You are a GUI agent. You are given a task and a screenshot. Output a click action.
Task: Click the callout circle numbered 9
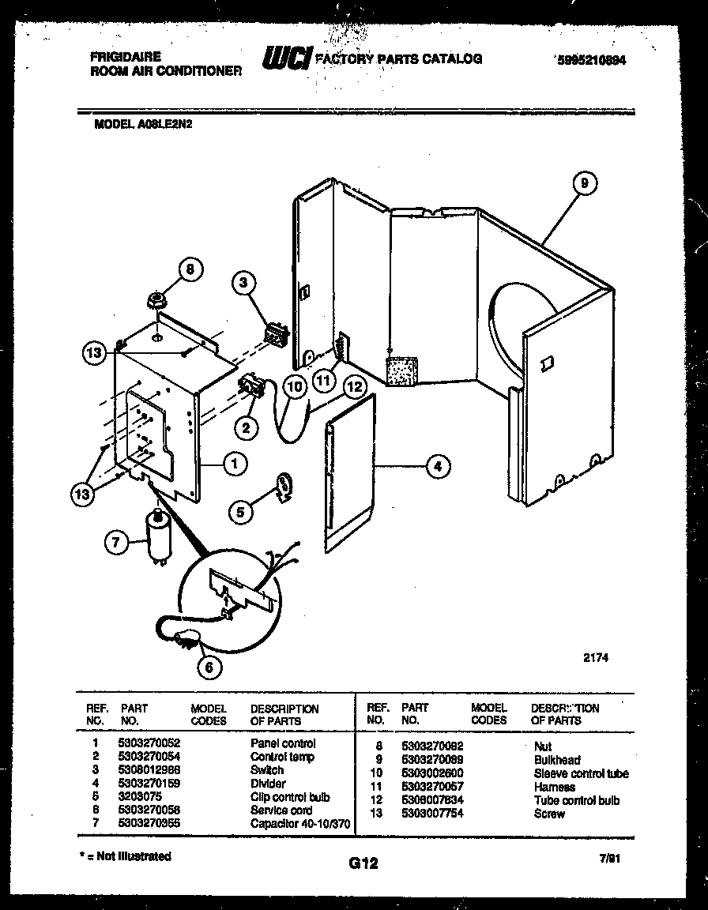[583, 184]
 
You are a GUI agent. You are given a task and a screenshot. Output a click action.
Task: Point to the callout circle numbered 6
[209, 667]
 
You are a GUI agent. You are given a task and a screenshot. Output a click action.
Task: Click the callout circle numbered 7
[116, 542]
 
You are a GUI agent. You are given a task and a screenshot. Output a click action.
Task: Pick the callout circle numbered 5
[242, 511]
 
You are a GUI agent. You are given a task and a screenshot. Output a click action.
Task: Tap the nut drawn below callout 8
[156, 300]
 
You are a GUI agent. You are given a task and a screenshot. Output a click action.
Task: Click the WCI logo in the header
[286, 58]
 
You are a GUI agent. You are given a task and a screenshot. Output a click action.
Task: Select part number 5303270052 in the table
[149, 743]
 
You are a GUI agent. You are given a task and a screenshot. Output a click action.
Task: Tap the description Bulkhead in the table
[556, 760]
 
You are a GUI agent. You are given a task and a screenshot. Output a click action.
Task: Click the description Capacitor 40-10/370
[299, 824]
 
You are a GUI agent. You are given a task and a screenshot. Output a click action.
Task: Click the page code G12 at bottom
[363, 864]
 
